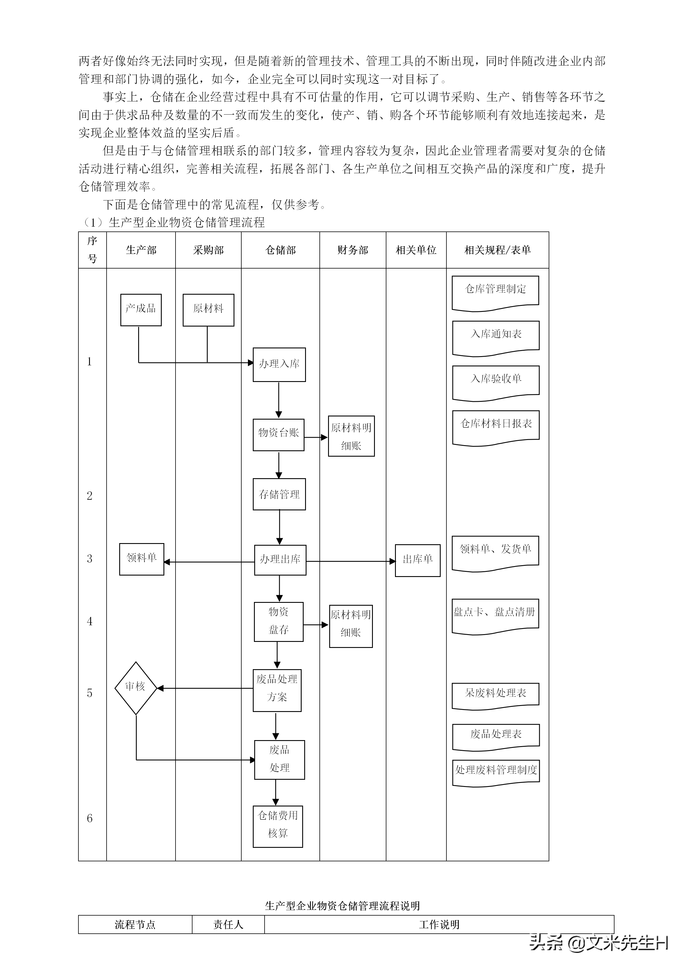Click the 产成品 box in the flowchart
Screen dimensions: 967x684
141,310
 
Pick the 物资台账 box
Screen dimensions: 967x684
278,434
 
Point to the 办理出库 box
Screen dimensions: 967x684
280,560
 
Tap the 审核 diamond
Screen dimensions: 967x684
136,688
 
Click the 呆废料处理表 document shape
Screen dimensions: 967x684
495,694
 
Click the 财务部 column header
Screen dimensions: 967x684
352,250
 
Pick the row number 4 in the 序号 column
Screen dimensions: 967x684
90,621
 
